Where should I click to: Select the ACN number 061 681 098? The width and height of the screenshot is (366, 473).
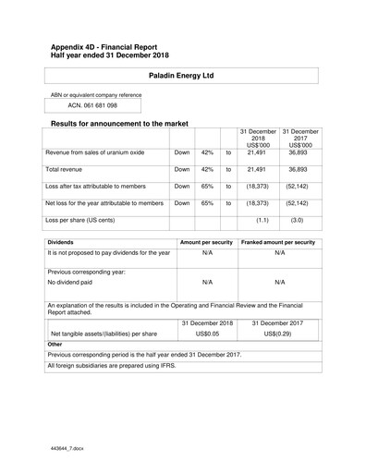tap(80, 107)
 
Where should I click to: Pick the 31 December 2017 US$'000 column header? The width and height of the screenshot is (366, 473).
tap(299, 139)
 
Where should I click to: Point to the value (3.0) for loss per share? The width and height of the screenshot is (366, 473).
tap(297, 221)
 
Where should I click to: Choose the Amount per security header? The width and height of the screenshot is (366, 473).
tap(207, 241)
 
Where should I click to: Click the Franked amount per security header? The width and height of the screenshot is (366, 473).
tap(279, 241)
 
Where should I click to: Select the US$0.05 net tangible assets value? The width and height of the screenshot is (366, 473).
tap(207, 334)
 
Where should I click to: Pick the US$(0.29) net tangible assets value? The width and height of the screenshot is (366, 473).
tap(279, 334)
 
